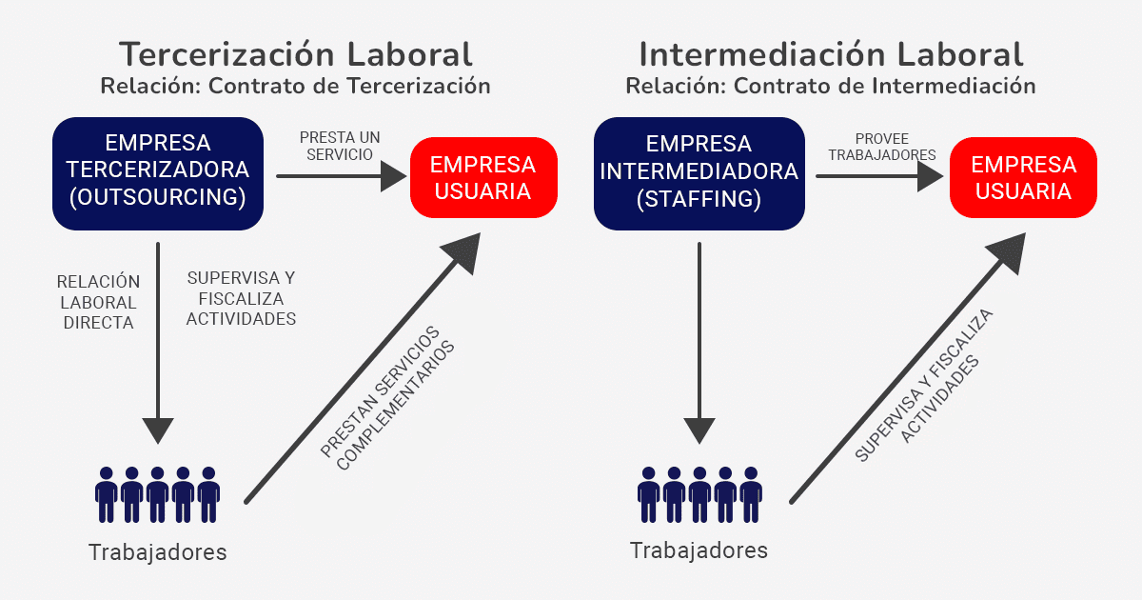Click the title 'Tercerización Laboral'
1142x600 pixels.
(x=295, y=53)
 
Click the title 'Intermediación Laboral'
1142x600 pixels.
(x=831, y=53)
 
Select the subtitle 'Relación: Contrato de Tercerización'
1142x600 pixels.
(x=295, y=86)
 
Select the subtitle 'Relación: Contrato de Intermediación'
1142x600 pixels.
(x=831, y=86)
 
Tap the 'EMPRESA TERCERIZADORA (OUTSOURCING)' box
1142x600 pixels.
(x=158, y=172)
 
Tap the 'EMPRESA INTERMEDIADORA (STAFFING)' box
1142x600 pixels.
(x=699, y=172)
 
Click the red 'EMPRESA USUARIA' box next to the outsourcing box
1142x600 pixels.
(x=482, y=177)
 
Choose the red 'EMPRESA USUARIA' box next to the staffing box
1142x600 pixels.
(x=1023, y=177)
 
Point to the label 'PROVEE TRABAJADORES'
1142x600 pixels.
(x=882, y=146)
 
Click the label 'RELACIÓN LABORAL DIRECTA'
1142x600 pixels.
(x=98, y=302)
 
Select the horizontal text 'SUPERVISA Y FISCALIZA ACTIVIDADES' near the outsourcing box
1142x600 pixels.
(x=241, y=298)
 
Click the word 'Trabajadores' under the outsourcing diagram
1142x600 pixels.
(x=158, y=552)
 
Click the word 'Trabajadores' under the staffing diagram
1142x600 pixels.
(x=699, y=550)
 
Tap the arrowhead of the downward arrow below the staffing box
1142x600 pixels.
(x=699, y=430)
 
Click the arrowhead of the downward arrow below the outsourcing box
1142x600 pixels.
(x=158, y=430)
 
